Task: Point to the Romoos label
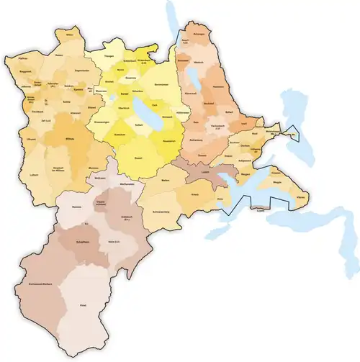pyautogui.click(x=77, y=207)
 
